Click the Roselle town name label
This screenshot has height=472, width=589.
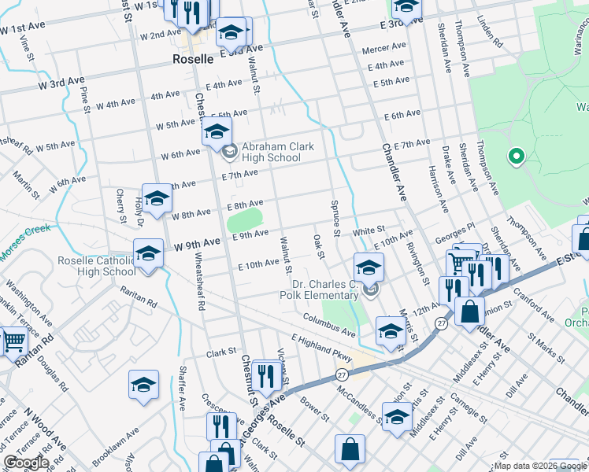(193, 59)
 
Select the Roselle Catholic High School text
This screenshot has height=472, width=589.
(96, 267)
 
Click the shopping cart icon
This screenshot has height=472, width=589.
(13, 341)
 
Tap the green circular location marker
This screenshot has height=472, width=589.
(516, 157)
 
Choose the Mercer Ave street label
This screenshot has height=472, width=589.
(383, 49)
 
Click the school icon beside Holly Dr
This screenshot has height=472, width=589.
(157, 198)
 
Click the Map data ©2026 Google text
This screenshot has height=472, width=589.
(540, 466)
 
